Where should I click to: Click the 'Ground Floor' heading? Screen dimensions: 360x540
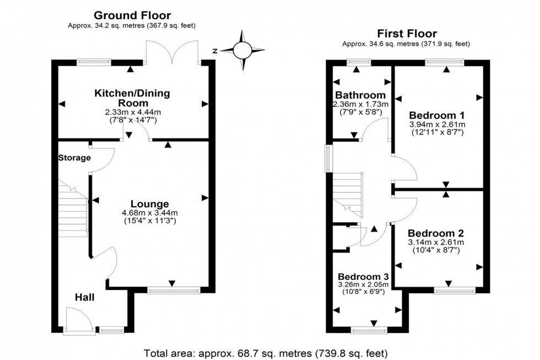pos(132,15)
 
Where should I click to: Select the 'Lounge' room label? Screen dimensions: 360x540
pos(150,203)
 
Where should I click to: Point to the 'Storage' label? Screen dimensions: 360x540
pos(74,158)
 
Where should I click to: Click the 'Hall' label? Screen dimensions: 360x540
pos(84,297)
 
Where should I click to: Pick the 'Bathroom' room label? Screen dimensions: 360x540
pos(361,95)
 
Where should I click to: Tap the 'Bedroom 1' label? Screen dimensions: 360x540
pos(437,115)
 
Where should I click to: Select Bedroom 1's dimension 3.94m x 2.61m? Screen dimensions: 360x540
pos(437,125)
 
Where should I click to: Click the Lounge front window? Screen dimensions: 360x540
pos(174,289)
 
